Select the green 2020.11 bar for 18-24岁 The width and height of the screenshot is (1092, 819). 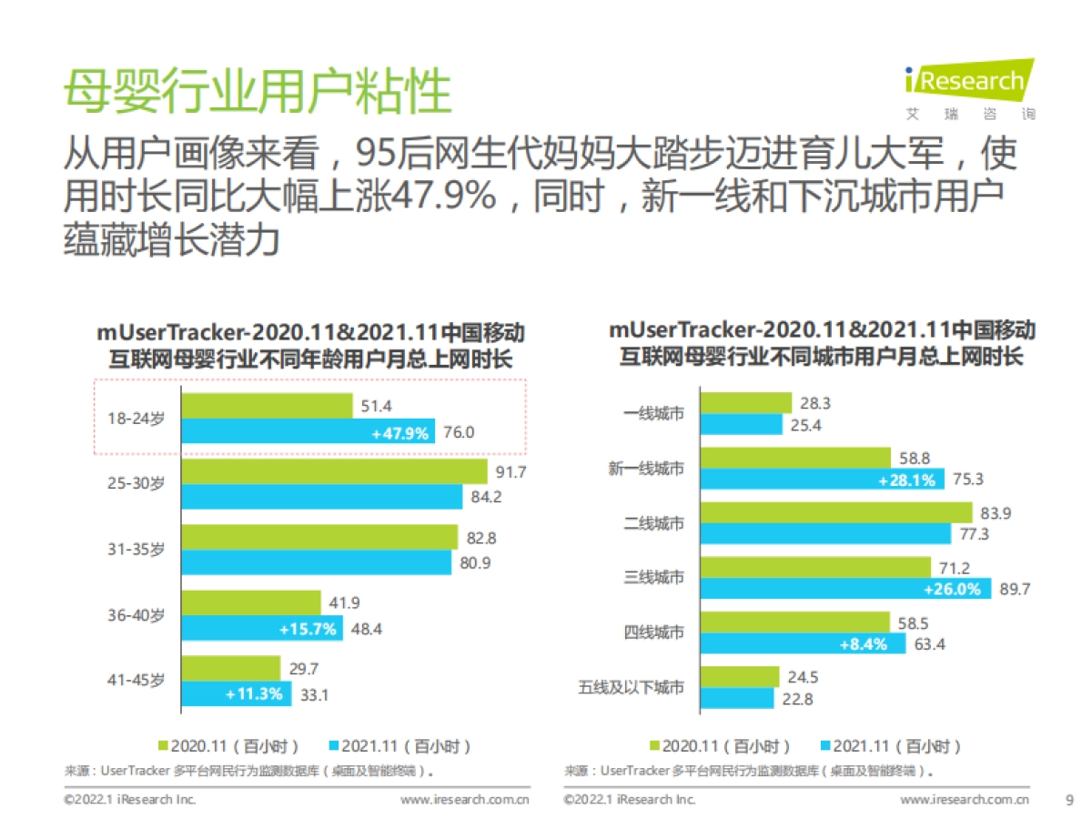pyautogui.click(x=267, y=406)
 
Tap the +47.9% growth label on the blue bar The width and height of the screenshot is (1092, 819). pyautogui.click(x=399, y=433)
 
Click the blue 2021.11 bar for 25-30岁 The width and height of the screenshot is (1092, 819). pyautogui.click(x=322, y=497)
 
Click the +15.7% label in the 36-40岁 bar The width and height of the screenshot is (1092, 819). pyautogui.click(x=310, y=629)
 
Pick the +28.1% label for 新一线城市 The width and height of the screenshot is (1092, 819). pyautogui.click(x=906, y=480)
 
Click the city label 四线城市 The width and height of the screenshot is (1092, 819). pyautogui.click(x=653, y=632)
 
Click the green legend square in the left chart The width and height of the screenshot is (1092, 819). pyautogui.click(x=164, y=746)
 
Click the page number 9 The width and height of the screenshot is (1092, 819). pyautogui.click(x=1069, y=800)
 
